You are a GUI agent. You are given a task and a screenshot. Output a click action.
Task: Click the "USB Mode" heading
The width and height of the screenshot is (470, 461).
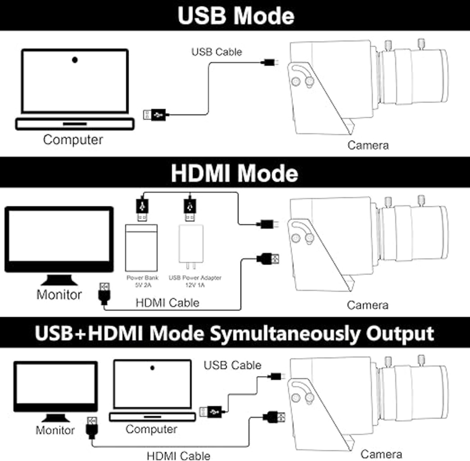tap(236, 16)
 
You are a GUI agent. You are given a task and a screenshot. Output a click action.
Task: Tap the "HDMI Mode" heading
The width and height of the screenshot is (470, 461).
tap(234, 173)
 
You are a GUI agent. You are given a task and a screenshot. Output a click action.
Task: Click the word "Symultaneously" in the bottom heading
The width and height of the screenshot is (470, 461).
tap(285, 334)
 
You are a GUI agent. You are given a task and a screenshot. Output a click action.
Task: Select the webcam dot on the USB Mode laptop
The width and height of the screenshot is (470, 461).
tap(75, 60)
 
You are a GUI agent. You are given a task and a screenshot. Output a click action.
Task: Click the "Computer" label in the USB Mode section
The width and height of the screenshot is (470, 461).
tap(73, 140)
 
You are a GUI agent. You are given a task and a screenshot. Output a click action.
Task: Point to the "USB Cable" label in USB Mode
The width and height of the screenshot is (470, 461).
tap(217, 52)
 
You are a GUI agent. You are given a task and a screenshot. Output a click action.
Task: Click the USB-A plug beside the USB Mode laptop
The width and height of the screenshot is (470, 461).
tap(155, 115)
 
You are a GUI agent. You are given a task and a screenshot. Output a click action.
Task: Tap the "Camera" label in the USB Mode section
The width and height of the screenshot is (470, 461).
tap(368, 145)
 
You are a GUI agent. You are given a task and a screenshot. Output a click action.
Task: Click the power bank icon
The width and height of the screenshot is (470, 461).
tap(141, 248)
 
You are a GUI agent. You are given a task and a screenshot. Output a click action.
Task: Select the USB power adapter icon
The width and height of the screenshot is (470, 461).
tap(191, 246)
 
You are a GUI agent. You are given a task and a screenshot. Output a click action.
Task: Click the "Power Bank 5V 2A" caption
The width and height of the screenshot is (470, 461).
tap(142, 281)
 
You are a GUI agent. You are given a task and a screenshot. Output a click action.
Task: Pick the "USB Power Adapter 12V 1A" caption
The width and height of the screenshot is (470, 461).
tap(195, 281)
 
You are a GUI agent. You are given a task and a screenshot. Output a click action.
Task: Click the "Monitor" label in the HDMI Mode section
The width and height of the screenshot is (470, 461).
tap(59, 295)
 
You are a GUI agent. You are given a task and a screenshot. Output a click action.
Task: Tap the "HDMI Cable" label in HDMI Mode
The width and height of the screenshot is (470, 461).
tap(167, 303)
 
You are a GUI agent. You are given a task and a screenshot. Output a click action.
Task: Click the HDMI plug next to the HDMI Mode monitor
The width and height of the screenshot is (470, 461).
tap(104, 293)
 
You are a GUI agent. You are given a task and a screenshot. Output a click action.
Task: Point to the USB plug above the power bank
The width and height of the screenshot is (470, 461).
tap(142, 209)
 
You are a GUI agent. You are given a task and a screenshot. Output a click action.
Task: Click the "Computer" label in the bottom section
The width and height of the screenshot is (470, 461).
tap(151, 429)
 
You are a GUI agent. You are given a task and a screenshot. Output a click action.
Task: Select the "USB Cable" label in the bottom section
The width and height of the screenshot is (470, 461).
tap(232, 365)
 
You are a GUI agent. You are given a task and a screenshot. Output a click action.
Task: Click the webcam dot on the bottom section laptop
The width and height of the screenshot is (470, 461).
tap(152, 368)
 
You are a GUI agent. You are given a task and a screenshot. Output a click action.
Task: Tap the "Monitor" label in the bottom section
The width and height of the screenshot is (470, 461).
tap(55, 430)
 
